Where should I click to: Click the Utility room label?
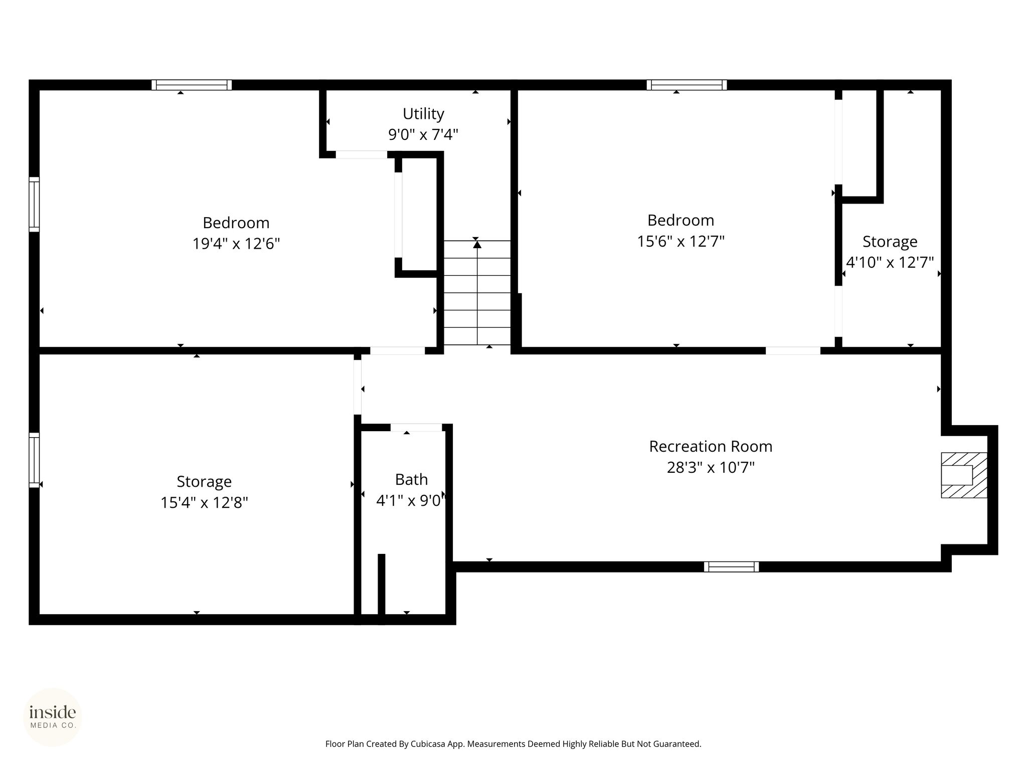(x=423, y=114)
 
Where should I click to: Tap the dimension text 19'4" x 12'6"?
(x=236, y=244)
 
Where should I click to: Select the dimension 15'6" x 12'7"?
(x=680, y=242)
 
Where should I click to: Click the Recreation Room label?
(x=711, y=446)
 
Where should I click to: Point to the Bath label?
(x=411, y=479)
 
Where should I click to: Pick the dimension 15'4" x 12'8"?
(x=204, y=502)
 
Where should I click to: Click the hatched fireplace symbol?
(x=964, y=475)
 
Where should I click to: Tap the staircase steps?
(x=477, y=293)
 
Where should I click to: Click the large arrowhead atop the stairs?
(x=477, y=244)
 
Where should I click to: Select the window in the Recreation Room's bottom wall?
(x=731, y=567)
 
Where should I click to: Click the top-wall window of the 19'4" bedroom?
(x=192, y=85)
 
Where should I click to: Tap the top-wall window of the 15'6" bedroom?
(x=687, y=85)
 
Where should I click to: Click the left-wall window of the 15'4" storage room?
(x=34, y=460)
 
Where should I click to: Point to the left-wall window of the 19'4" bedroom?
(x=34, y=204)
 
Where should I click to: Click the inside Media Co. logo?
(x=53, y=717)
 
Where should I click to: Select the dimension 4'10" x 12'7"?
(x=890, y=262)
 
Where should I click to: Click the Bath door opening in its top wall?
(x=416, y=428)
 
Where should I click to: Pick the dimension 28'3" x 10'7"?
(x=711, y=467)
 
